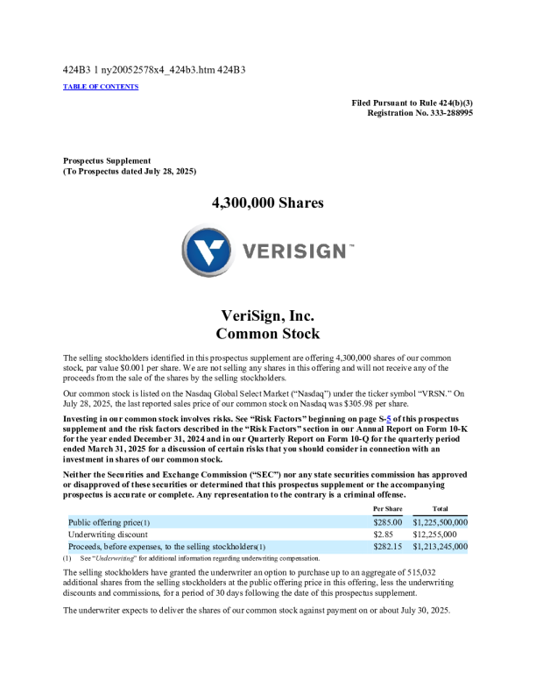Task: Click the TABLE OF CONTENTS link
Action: point(101,87)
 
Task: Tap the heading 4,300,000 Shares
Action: point(268,203)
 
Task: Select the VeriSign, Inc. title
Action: point(268,315)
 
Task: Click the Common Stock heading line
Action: point(268,334)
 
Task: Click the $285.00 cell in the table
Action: point(387,522)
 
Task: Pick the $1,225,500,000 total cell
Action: point(440,522)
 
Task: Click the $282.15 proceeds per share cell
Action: point(387,546)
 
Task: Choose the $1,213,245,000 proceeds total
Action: point(440,546)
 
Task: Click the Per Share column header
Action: point(387,508)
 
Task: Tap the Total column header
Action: point(441,508)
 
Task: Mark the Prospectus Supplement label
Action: point(107,160)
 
